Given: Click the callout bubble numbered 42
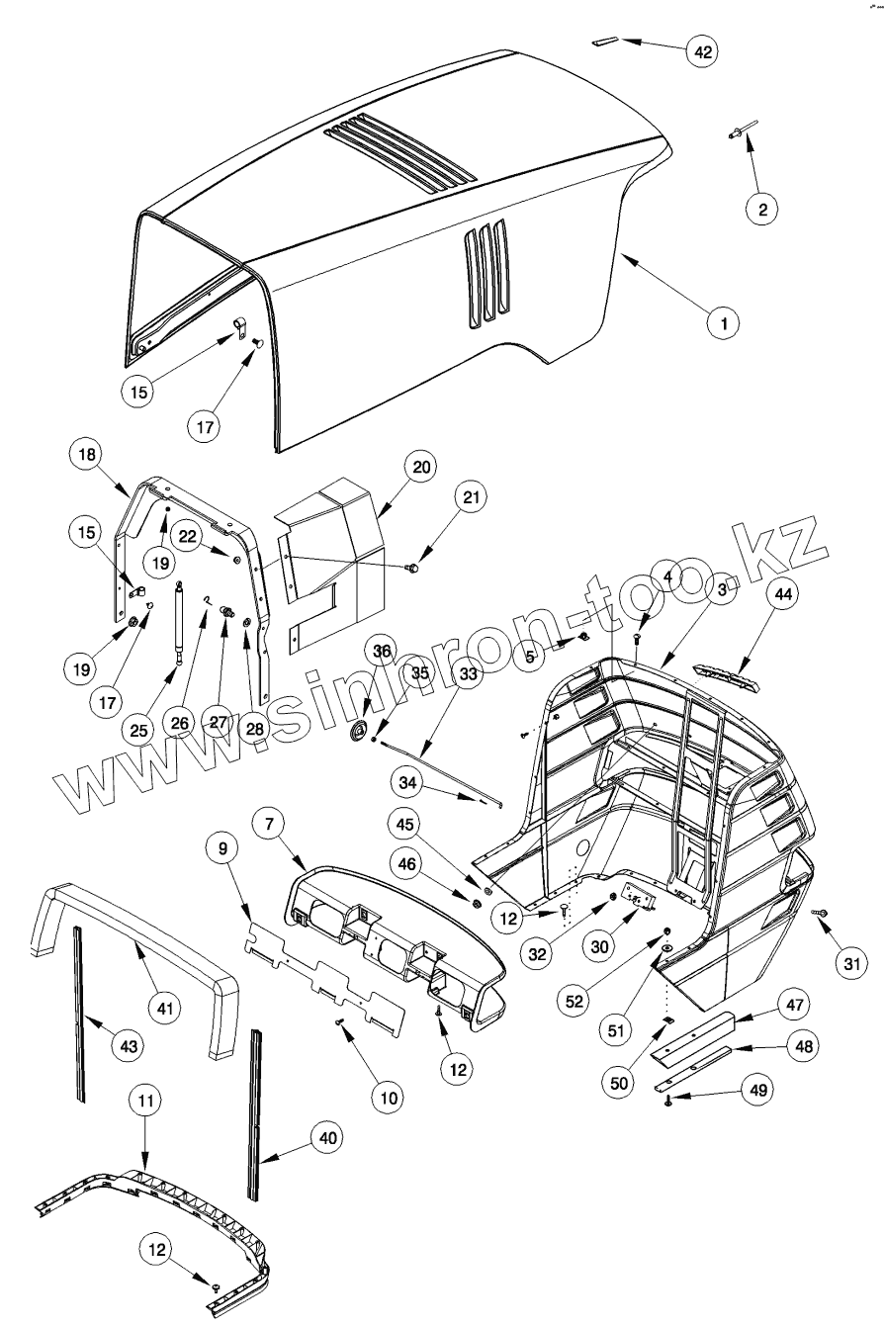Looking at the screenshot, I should (x=703, y=52).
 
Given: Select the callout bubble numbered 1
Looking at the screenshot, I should (x=723, y=322).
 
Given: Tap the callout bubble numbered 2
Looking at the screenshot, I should (x=762, y=209).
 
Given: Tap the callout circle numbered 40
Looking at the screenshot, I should (x=328, y=1138).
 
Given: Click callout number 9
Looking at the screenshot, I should (x=222, y=847).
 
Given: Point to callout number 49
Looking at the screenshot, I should (x=756, y=1090).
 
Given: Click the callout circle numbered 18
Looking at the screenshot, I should (x=86, y=456).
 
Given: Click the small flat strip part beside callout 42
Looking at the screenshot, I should (x=605, y=43).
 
